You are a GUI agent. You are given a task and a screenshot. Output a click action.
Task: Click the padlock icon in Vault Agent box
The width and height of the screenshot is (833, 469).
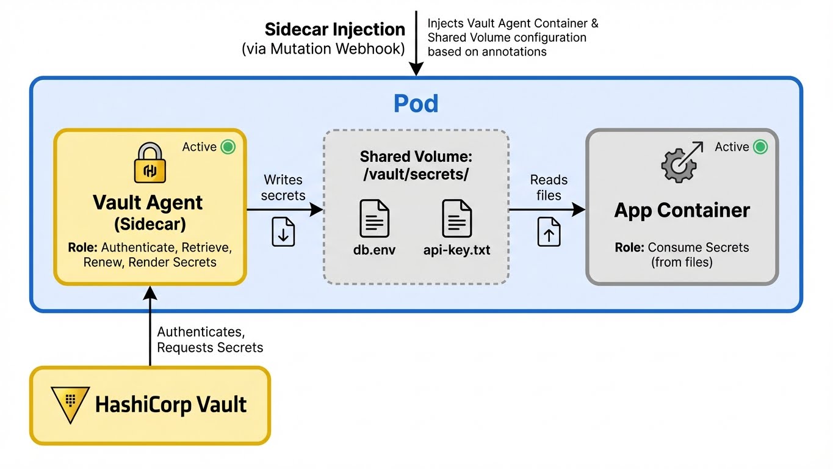(x=150, y=163)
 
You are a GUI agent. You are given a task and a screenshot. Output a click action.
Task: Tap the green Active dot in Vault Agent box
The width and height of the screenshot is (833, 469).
(x=228, y=147)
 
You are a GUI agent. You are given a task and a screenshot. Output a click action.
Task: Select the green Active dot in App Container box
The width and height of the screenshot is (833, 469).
(x=760, y=147)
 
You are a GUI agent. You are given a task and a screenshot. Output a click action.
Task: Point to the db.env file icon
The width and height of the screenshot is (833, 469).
(x=374, y=219)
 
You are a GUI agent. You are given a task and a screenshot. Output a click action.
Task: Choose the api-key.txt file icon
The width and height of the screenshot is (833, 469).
(x=456, y=219)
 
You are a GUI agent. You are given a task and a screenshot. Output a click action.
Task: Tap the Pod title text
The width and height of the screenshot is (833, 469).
(x=416, y=104)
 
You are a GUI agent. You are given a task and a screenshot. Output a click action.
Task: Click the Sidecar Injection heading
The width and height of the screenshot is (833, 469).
(x=334, y=30)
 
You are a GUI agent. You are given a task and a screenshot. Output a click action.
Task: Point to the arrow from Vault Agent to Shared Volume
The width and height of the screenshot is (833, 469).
(x=284, y=209)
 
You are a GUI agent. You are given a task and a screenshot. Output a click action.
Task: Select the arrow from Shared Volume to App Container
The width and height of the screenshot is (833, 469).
(x=547, y=209)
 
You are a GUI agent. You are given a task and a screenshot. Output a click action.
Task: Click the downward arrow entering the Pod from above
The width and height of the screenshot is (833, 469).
(x=416, y=43)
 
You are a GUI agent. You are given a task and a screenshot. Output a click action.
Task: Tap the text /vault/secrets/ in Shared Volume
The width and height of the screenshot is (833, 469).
(x=416, y=175)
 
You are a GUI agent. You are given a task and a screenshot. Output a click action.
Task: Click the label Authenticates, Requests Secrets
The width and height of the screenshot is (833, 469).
(x=210, y=340)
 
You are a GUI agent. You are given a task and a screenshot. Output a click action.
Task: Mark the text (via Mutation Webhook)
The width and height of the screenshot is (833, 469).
(x=323, y=49)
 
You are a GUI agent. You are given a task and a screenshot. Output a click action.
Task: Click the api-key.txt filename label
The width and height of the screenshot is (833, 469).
(x=456, y=250)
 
